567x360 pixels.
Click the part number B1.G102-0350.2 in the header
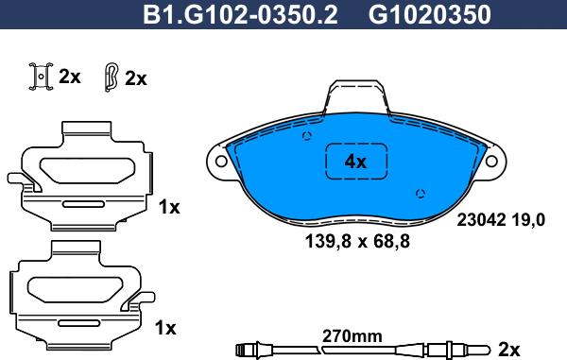pos(240,15)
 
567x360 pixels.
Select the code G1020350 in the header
pos(430,15)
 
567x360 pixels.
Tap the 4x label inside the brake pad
pos(355,162)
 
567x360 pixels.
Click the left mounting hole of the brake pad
pos(221,162)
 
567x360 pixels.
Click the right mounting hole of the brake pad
pos(491,162)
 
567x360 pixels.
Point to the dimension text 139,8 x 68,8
pos(357,241)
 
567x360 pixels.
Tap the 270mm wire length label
pos(352,336)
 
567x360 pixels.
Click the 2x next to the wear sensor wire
pos(508,350)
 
